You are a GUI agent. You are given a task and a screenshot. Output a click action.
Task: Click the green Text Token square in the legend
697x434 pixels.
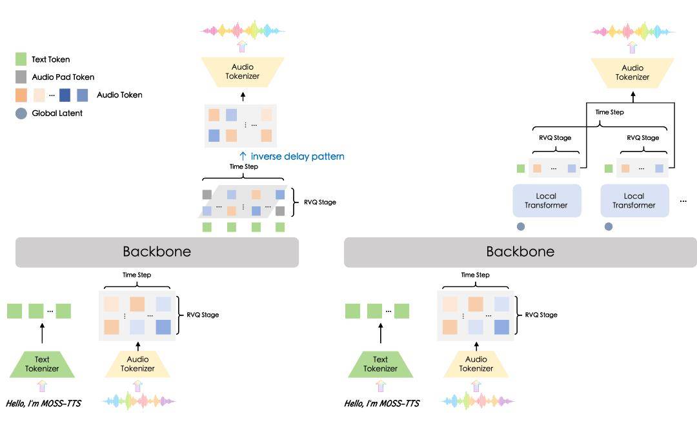(x=21, y=59)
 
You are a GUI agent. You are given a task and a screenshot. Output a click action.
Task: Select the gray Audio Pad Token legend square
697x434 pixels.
(x=21, y=77)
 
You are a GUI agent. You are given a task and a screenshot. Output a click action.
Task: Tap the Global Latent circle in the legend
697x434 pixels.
(x=21, y=113)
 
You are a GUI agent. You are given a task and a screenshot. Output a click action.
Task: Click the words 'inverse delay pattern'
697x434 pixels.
(x=298, y=157)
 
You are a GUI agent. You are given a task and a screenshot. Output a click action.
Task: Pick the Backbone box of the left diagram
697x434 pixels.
(x=157, y=252)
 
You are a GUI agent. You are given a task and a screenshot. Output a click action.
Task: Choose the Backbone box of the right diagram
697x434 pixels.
(x=520, y=252)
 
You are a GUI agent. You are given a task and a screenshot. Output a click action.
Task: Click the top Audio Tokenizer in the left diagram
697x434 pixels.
(x=243, y=72)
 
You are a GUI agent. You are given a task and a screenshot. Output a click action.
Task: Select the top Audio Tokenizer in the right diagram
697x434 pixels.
(x=632, y=72)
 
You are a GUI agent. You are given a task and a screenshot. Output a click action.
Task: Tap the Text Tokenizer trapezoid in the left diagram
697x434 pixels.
(x=42, y=364)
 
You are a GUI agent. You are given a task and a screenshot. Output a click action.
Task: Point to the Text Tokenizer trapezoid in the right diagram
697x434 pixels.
(x=380, y=364)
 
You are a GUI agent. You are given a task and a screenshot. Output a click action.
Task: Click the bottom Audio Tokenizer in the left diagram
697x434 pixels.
(x=137, y=364)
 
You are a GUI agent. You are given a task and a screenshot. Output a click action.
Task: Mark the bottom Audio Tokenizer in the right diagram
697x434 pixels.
(x=476, y=364)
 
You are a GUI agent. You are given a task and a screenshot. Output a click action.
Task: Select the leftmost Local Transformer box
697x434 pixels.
(x=546, y=201)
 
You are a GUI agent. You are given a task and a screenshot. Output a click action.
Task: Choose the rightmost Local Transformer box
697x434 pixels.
(x=634, y=201)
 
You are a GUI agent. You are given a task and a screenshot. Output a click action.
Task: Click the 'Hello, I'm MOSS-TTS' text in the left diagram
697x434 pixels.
(x=44, y=403)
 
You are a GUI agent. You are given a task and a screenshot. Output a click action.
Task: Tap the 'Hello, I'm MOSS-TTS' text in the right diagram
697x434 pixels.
(x=382, y=403)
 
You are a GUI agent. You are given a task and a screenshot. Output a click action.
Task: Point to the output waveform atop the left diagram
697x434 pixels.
(x=243, y=30)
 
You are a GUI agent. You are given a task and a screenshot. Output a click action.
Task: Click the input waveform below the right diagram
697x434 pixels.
(x=477, y=401)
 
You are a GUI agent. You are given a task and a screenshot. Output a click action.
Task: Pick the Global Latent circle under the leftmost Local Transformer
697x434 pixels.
(x=521, y=226)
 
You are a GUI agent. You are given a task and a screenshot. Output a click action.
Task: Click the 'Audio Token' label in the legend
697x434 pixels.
(x=119, y=95)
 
